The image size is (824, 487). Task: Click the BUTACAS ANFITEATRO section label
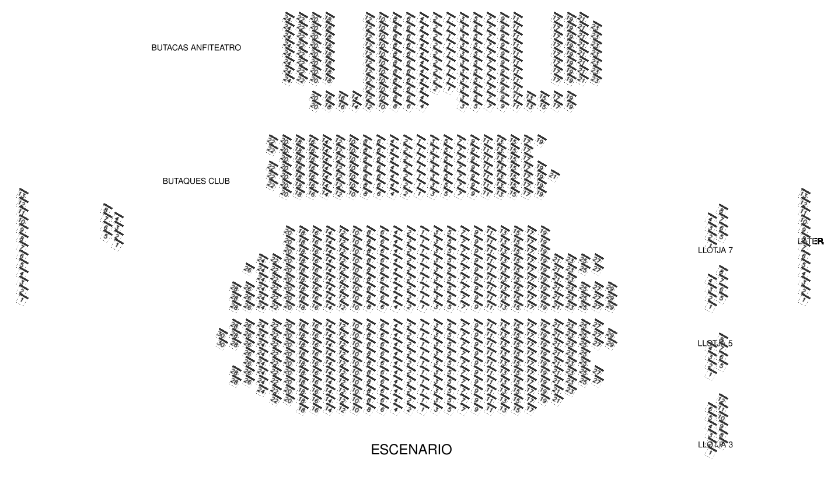[x=196, y=48]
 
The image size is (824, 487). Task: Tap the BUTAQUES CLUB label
[x=196, y=181]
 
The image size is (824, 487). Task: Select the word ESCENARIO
[x=411, y=450]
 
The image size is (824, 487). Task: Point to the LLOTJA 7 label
[x=715, y=250]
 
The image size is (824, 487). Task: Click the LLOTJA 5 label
[x=715, y=343]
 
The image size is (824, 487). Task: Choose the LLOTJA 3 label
[x=715, y=444]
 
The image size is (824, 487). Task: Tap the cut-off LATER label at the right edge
[x=811, y=241]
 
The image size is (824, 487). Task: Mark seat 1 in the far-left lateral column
[x=23, y=299]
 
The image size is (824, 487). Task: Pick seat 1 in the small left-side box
[x=118, y=244]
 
